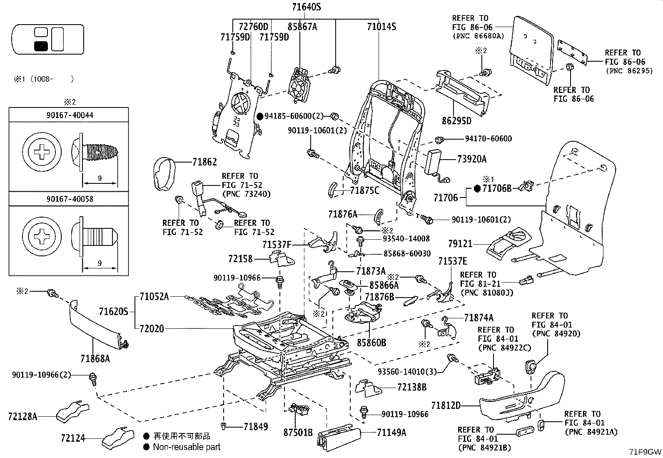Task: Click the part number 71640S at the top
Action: [307, 7]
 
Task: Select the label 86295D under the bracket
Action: [456, 121]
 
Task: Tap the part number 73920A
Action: [472, 159]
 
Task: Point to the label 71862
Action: [204, 162]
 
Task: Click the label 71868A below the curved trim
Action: [95, 359]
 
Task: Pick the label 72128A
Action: [23, 416]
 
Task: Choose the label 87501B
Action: [298, 433]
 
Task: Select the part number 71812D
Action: [446, 405]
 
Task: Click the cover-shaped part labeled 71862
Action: [165, 174]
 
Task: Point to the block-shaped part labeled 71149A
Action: [339, 437]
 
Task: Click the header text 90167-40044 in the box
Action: [70, 115]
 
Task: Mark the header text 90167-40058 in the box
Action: [70, 199]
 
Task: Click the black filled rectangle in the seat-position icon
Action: [41, 46]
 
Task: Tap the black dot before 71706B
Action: [477, 188]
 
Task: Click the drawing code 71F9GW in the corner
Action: [645, 452]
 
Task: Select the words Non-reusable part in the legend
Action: [187, 447]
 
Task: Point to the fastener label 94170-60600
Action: [489, 138]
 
